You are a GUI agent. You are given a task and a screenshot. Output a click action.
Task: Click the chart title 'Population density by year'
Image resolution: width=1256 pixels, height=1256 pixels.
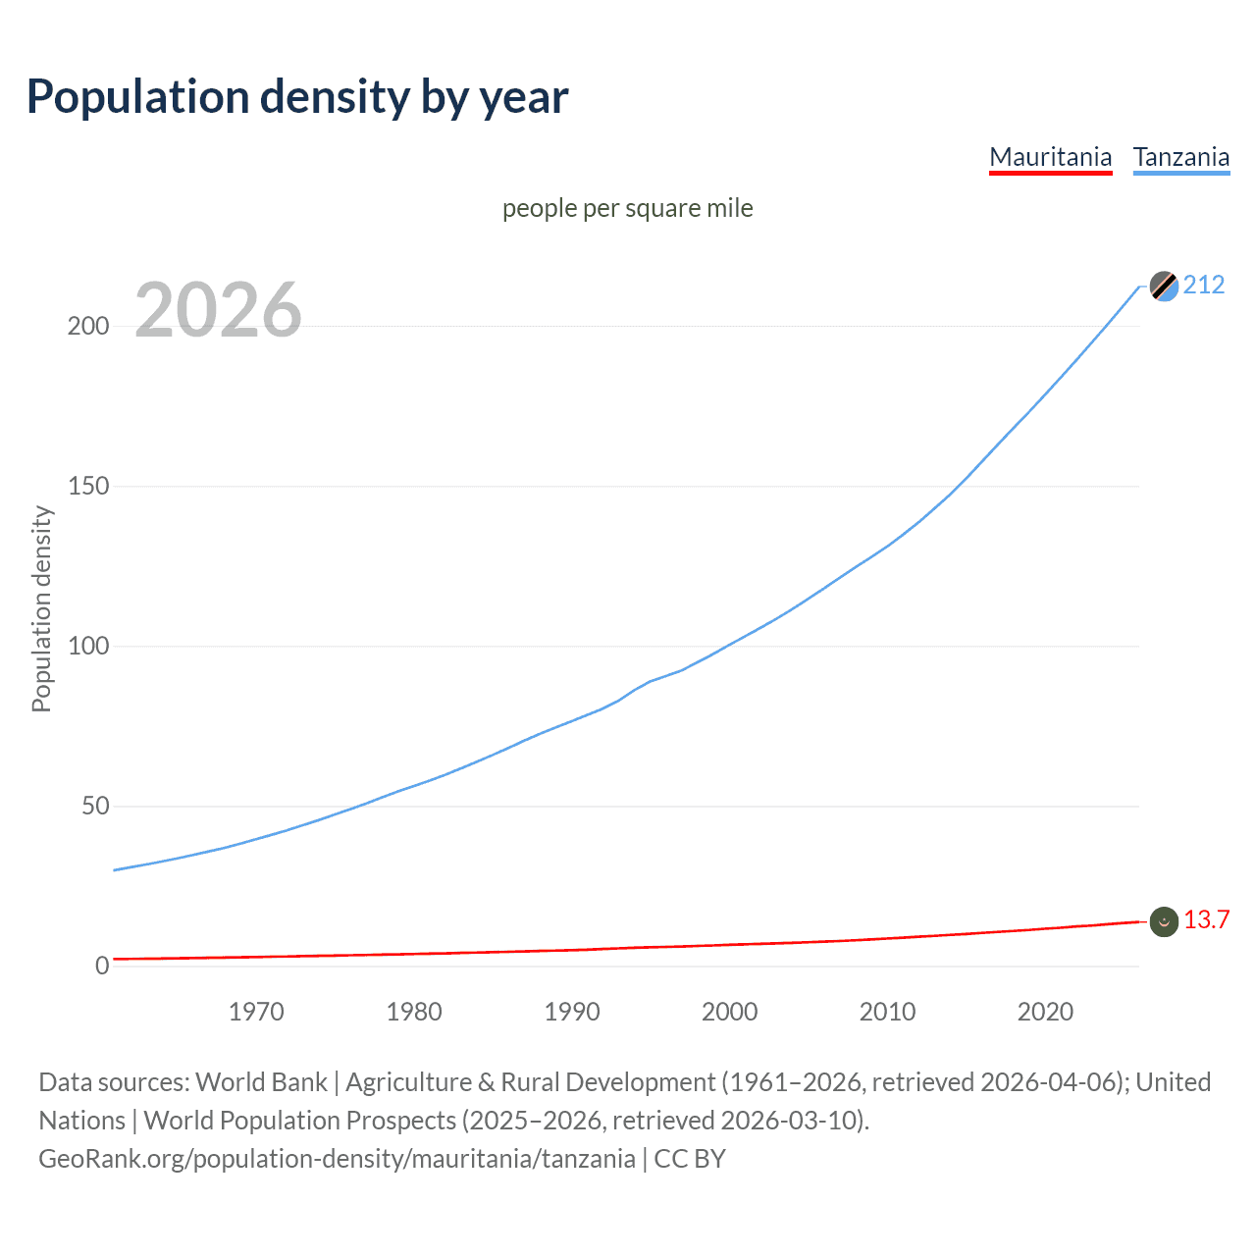coord(297,97)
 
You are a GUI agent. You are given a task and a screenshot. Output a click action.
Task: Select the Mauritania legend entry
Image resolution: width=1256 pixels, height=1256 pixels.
coord(1050,157)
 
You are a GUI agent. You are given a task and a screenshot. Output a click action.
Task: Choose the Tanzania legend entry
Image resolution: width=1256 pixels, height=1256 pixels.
coord(1180,157)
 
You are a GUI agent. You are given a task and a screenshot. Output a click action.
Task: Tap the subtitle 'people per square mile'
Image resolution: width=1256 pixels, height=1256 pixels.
coord(627,208)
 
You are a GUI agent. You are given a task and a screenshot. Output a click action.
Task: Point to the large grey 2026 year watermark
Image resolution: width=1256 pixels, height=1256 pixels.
coord(218,310)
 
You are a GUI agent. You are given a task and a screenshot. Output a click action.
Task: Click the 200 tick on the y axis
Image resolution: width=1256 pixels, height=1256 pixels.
coord(88,327)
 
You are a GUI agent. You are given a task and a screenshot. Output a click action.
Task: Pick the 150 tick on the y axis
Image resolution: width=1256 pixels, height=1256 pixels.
coord(88,487)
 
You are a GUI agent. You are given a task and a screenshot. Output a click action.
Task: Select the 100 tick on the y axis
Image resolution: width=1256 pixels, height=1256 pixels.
coord(88,647)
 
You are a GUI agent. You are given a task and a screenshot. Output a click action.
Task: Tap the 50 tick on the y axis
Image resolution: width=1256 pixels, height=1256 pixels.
coord(94,807)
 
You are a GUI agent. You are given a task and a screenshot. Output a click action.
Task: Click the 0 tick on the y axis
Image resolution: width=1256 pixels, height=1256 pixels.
coord(102,967)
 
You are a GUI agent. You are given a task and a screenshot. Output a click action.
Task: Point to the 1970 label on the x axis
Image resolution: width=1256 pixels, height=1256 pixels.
coord(256,1012)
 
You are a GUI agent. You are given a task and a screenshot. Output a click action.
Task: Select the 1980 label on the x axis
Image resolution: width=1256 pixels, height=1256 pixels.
coord(414,1012)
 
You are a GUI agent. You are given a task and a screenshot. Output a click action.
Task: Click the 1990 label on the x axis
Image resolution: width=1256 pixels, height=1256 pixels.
coord(572,1012)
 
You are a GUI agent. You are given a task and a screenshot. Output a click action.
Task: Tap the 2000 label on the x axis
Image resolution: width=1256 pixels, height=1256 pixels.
coord(729,1012)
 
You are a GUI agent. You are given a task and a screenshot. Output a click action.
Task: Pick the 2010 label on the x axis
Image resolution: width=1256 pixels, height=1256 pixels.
coord(887,1012)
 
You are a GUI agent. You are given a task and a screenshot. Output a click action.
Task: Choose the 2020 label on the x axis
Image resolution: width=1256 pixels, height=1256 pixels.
coord(1045,1012)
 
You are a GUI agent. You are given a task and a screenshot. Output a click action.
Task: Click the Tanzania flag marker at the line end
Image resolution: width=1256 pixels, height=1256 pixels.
coord(1164,287)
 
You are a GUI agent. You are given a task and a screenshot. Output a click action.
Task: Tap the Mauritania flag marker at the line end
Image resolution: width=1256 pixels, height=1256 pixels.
coord(1164,921)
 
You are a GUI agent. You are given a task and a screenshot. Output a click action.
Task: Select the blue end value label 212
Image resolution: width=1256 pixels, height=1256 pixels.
coord(1204,285)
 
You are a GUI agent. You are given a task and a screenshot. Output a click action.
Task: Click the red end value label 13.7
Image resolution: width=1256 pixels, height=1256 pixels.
coord(1206,919)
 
